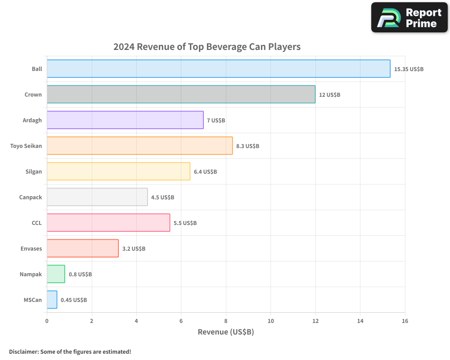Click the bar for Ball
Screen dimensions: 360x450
218,69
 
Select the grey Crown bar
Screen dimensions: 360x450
181,94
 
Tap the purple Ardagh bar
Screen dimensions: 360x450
125,120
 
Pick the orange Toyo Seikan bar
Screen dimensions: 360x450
139,146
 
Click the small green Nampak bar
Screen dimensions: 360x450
56,274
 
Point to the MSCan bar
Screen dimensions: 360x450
52,300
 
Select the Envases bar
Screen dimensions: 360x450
82,248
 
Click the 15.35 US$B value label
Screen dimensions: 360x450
409,69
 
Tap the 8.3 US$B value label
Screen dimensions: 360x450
247,146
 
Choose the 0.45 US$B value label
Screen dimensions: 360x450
74,300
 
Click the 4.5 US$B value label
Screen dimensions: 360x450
162,198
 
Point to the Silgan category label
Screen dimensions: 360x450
34,171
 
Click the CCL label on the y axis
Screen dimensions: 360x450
36,223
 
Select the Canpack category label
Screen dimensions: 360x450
31,197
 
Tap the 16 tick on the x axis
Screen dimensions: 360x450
405,321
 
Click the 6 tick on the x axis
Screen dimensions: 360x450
181,321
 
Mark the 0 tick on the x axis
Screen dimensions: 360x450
47,321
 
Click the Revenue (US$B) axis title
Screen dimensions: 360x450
226,332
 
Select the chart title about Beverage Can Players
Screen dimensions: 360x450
207,47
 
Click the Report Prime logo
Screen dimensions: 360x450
409,18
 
